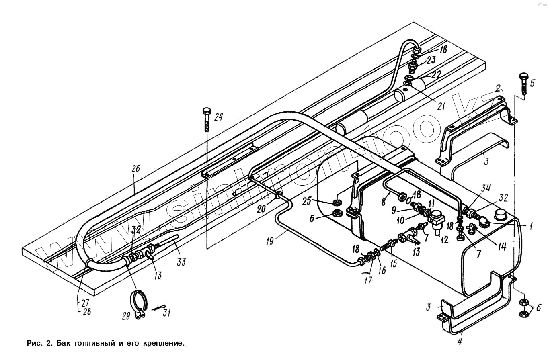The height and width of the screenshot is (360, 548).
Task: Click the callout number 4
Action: tap(460, 342)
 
